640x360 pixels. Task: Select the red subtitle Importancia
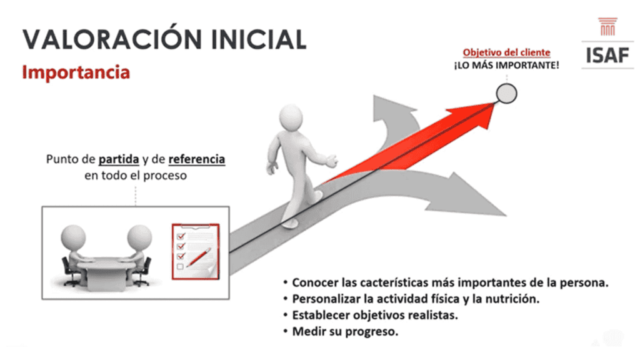pos(76,72)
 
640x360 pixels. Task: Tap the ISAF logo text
pos(607,56)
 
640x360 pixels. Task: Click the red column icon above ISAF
pos(607,26)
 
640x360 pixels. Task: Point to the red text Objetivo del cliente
pos(506,52)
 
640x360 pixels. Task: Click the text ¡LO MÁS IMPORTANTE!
pos(506,65)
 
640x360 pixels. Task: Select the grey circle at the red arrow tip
pos(506,94)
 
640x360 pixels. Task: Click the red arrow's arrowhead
pos(474,114)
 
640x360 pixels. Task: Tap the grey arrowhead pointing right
pos(469,196)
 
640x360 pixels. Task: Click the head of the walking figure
pos(291,117)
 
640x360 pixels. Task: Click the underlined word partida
pos(119,159)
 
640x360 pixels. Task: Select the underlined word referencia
pos(197,159)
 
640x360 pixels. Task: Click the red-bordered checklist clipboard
pos(196,251)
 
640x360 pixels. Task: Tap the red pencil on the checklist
pos(199,257)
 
